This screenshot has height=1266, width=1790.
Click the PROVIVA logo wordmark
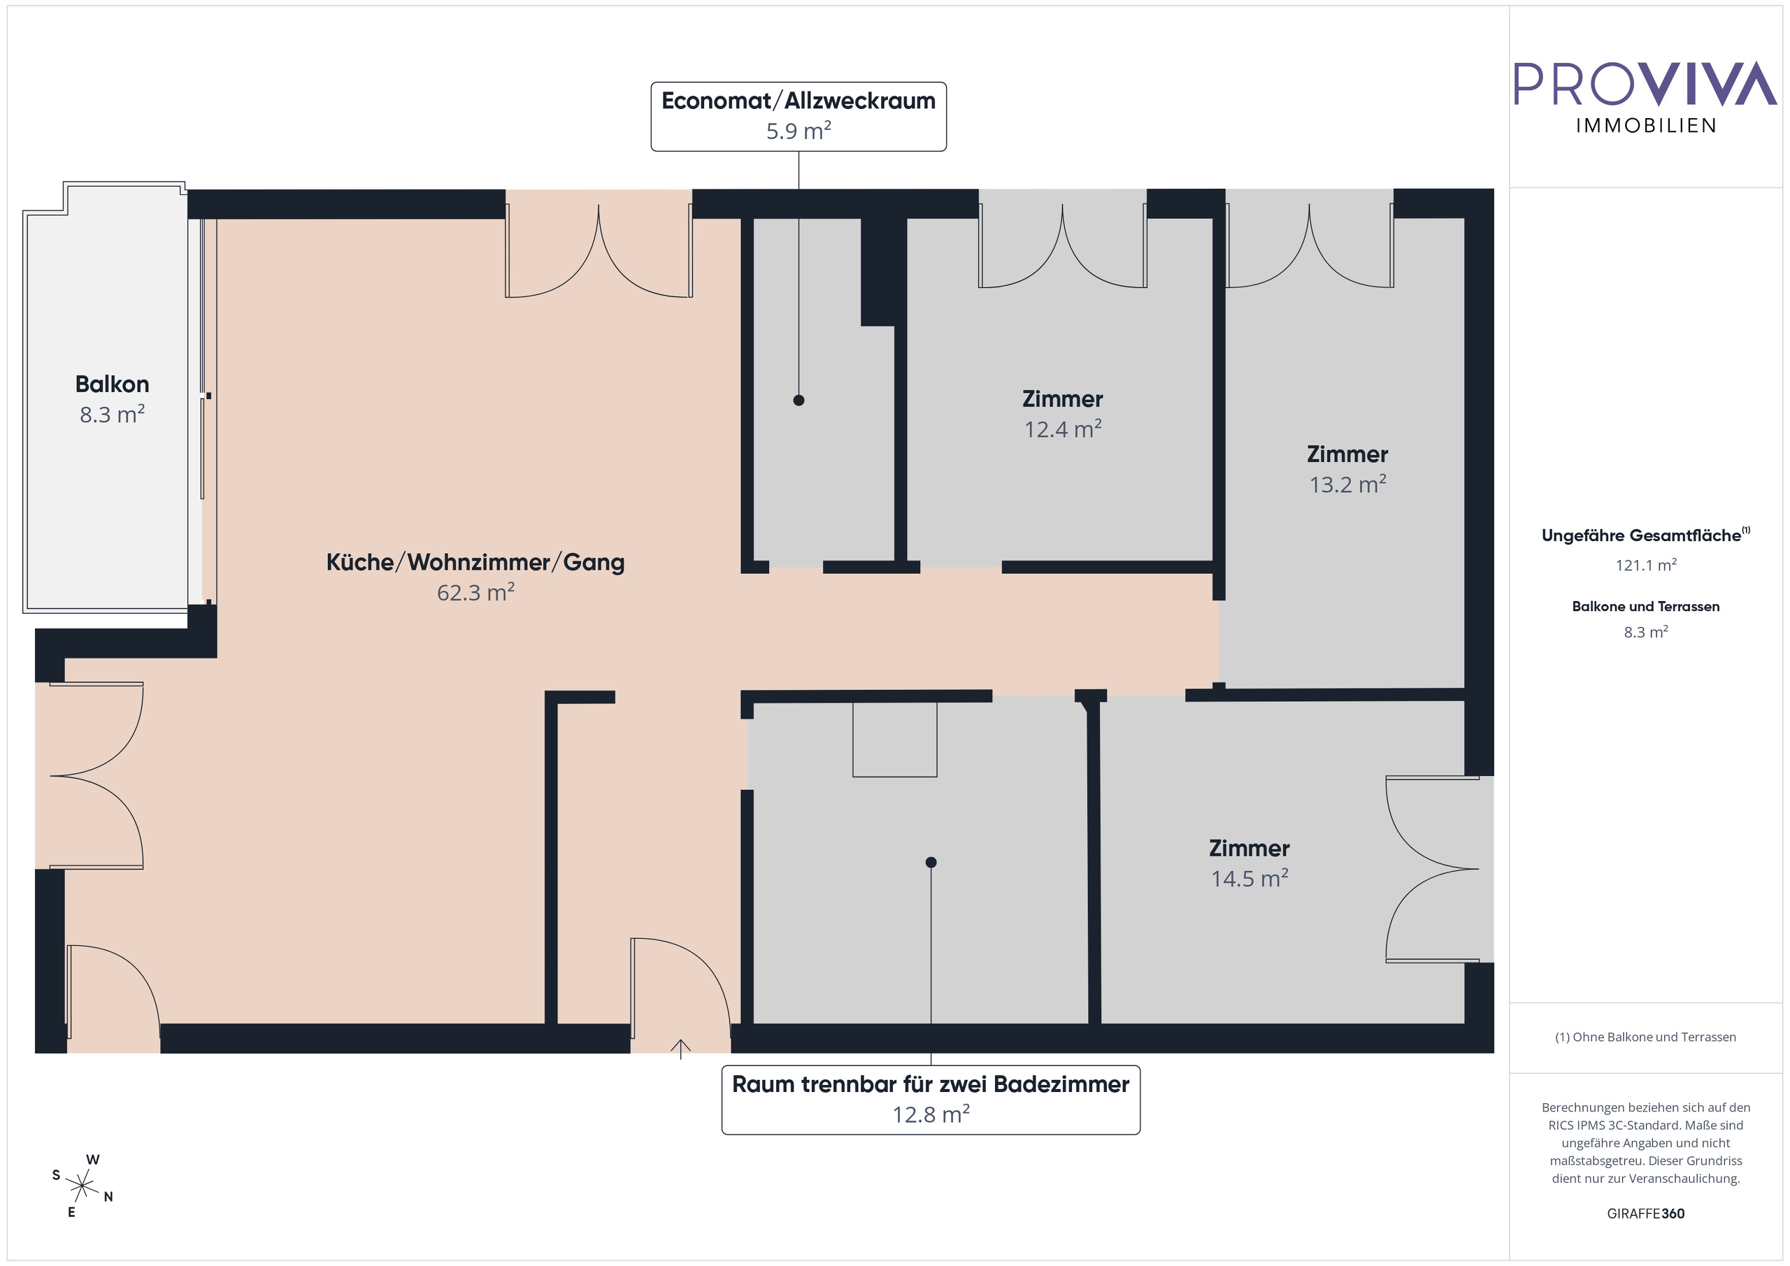[1645, 84]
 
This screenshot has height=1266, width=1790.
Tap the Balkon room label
[113, 384]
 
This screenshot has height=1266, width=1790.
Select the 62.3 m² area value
[475, 594]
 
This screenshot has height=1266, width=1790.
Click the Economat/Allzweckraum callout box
[799, 116]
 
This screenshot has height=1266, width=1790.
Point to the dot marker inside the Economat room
[799, 401]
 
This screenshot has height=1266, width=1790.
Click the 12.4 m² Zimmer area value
[1063, 429]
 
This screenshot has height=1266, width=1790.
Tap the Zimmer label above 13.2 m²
[1347, 454]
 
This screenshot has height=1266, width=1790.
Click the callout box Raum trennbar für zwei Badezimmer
[930, 1099]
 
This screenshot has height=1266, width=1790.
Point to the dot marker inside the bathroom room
[931, 862]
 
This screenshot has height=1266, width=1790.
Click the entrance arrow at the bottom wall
[680, 1049]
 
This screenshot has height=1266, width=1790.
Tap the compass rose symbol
[82, 1186]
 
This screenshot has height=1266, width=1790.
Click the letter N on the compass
[108, 1197]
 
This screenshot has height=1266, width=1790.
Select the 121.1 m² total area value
[1645, 565]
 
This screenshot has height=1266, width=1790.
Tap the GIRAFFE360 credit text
[1645, 1214]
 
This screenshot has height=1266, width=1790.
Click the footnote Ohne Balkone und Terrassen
[1645, 1037]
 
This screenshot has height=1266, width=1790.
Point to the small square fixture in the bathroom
[894, 739]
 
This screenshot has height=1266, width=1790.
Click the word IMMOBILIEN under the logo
[1646, 127]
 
